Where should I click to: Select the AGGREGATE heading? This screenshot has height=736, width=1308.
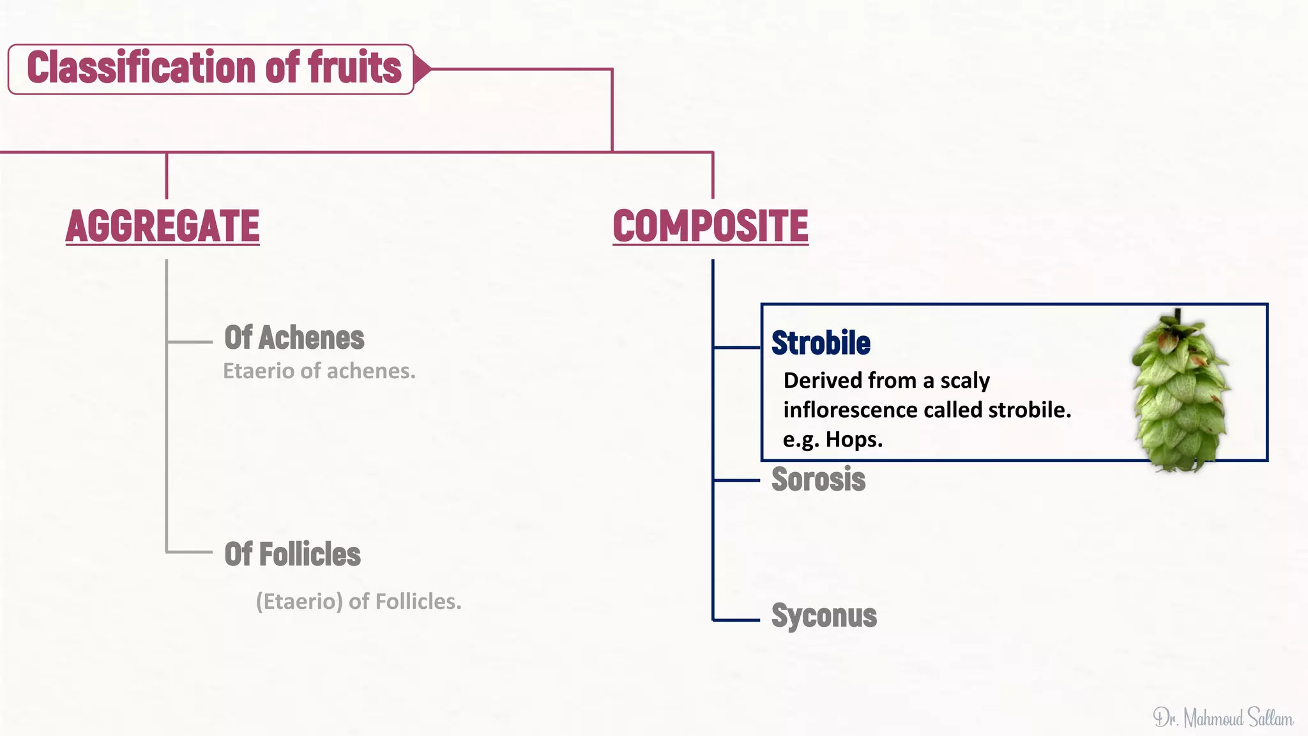point(163,226)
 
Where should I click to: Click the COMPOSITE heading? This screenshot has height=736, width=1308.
point(710,226)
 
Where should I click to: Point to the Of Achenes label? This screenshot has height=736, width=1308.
point(294,337)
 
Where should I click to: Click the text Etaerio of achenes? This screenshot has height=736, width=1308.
point(319,371)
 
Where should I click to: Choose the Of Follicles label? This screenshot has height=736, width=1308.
point(293,554)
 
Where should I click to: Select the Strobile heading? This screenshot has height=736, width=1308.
point(821,343)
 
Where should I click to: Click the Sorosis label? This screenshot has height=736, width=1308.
point(818,479)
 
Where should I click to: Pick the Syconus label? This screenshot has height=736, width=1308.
point(824,616)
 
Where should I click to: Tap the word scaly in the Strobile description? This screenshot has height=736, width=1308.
point(964,381)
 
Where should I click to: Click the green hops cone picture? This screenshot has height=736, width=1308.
point(1181,399)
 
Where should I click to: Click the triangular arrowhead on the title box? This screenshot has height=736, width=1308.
point(422,69)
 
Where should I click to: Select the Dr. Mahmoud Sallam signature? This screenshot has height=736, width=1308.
point(1223,718)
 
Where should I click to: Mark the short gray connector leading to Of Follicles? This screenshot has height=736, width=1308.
point(190,551)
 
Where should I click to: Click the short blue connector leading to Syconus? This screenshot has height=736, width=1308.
point(736,620)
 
